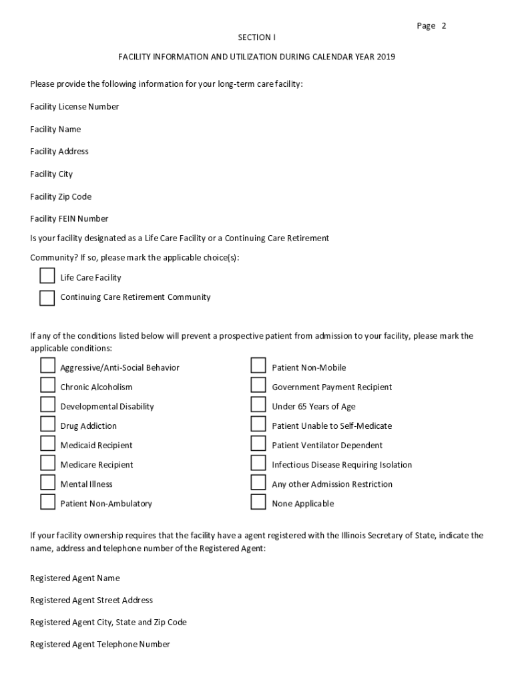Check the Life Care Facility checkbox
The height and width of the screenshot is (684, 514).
point(47,277)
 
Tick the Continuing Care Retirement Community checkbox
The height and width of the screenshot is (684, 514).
point(47,297)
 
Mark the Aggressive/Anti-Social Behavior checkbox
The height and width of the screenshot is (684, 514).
point(47,366)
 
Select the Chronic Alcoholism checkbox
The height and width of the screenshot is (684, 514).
point(47,385)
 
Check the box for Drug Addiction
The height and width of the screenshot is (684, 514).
point(47,425)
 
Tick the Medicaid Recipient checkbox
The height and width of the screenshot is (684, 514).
point(47,444)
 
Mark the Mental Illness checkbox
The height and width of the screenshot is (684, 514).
point(47,483)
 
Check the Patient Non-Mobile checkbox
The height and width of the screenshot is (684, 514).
point(258,366)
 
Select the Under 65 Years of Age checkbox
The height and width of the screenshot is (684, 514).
point(258,405)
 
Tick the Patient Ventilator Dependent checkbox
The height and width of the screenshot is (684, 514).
point(258,444)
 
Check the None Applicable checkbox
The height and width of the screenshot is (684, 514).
point(258,502)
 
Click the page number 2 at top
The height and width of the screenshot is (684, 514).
point(443,26)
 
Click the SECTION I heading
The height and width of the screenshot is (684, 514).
point(256,37)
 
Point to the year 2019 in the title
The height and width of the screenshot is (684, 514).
point(386,57)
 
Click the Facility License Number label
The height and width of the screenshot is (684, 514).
point(74,107)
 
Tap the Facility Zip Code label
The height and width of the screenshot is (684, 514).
point(61,196)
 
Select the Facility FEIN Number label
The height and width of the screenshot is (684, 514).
point(69,218)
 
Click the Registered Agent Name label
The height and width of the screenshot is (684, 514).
point(75,578)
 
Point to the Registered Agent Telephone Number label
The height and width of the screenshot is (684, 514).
point(100,645)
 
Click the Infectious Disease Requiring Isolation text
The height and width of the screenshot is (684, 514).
point(342,465)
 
